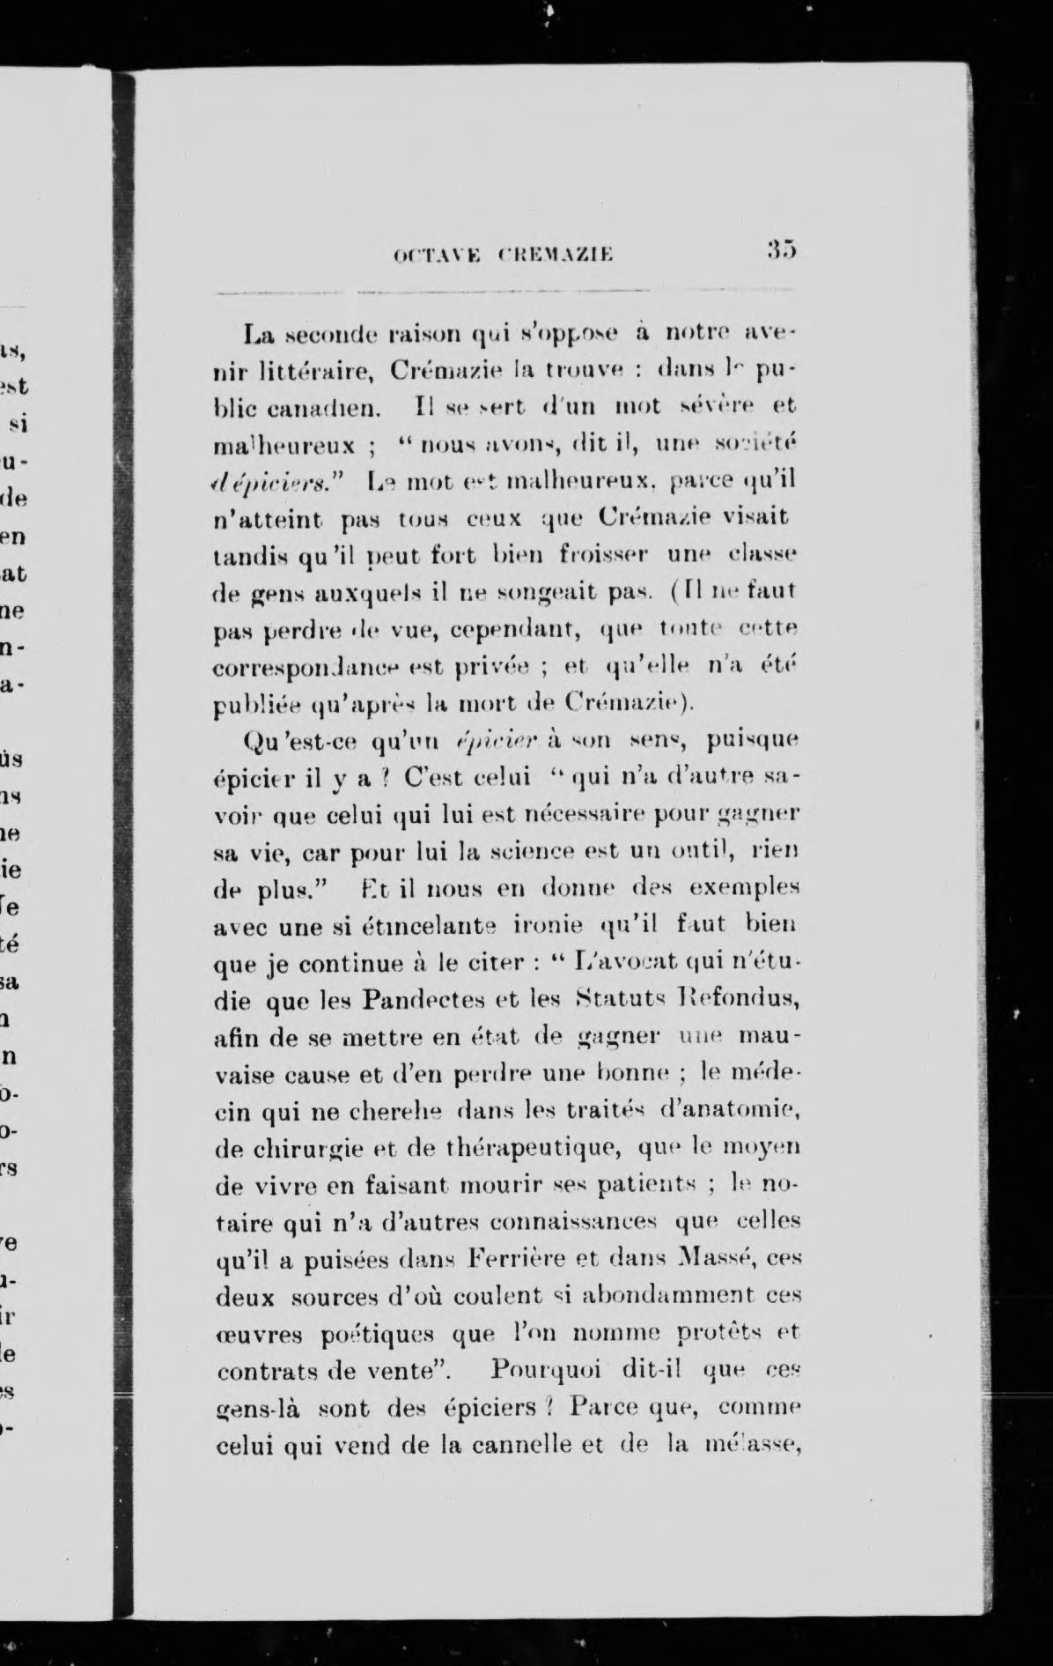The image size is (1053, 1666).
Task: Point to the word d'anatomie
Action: point(728,1112)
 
